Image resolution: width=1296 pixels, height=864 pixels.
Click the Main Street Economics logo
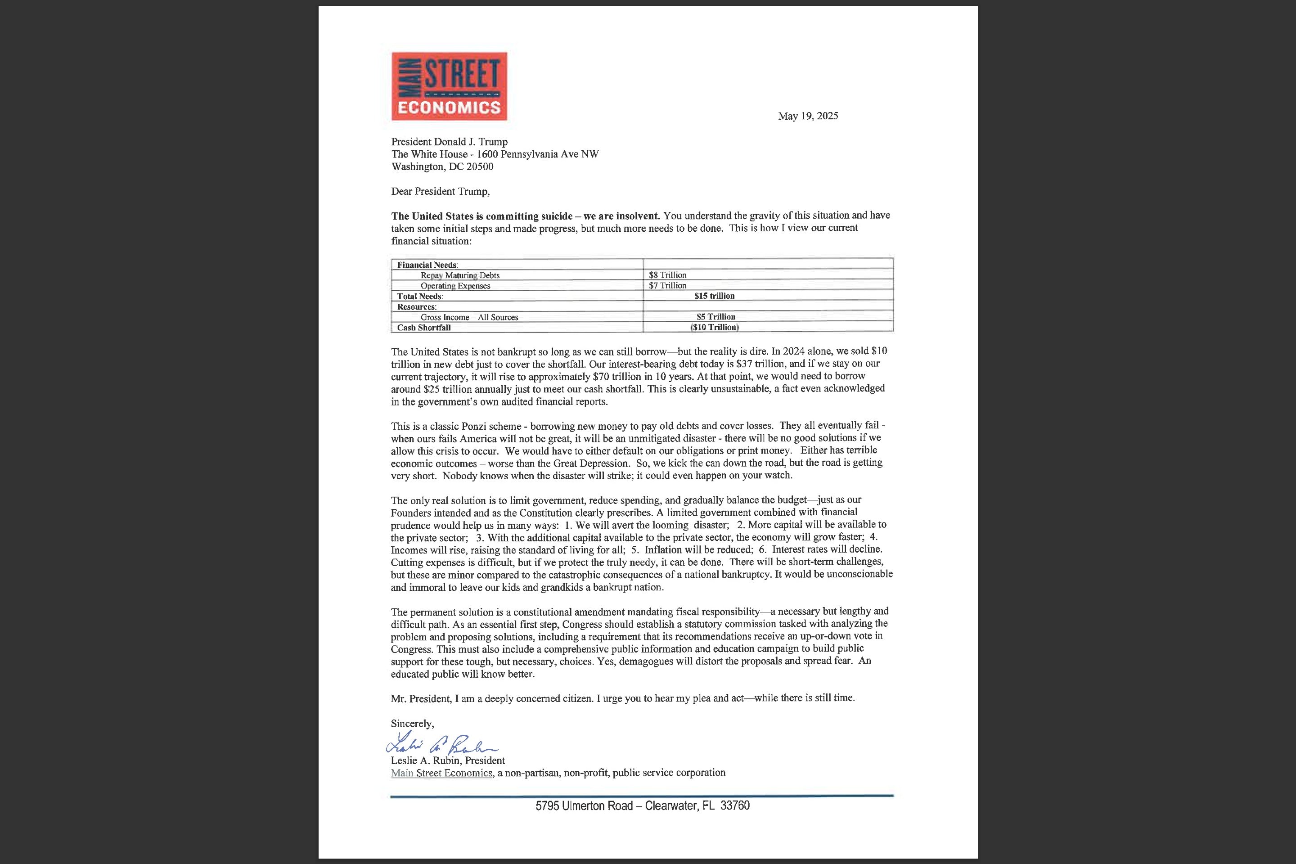tap(449, 86)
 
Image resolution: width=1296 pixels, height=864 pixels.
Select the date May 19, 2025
tap(808, 116)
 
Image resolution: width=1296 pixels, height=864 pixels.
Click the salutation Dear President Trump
tap(440, 191)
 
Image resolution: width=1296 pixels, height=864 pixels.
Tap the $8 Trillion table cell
tap(667, 275)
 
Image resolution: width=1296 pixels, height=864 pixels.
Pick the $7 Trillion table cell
tap(667, 285)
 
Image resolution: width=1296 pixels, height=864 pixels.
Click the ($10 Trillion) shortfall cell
tap(714, 327)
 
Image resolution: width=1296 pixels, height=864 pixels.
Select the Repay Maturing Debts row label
tap(459, 275)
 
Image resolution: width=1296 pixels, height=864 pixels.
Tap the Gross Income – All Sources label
tap(469, 317)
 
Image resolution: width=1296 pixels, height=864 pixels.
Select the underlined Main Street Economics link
tap(441, 773)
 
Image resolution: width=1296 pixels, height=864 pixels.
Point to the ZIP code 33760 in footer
tap(734, 805)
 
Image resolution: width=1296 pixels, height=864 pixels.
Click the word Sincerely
tap(412, 724)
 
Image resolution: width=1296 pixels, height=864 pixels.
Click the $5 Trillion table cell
tap(715, 317)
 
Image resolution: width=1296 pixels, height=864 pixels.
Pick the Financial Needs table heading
tap(427, 265)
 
